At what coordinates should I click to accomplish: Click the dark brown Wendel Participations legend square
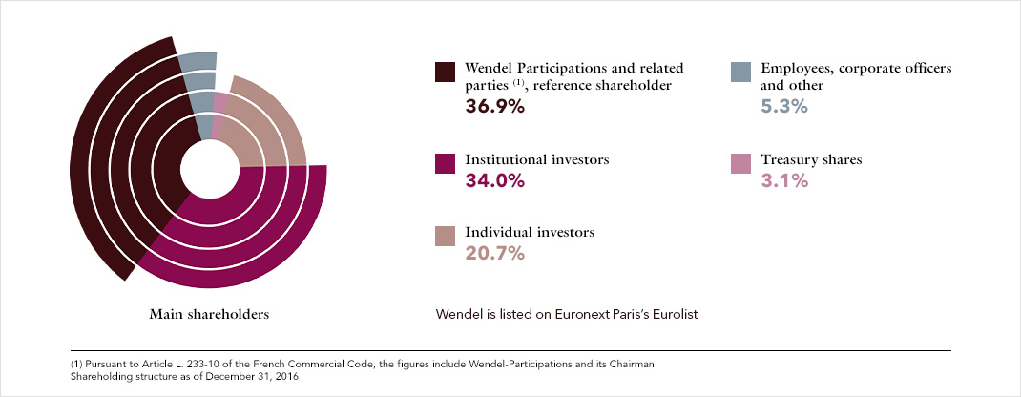coord(445,72)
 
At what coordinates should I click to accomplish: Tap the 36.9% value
coord(495,107)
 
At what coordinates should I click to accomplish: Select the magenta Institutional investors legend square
coord(445,163)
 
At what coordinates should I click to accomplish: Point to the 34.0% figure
coord(495,181)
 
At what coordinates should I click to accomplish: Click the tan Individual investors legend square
coord(445,237)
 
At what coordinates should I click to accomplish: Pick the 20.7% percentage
coord(495,254)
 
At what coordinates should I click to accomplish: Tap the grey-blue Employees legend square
coord(740,72)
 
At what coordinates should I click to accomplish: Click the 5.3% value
coord(784,107)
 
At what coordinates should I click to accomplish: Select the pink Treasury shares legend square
coord(740,163)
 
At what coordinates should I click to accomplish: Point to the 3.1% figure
coord(784,181)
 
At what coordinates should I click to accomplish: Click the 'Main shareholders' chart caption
coord(209,314)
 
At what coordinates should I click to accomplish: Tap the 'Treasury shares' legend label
coord(811,159)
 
